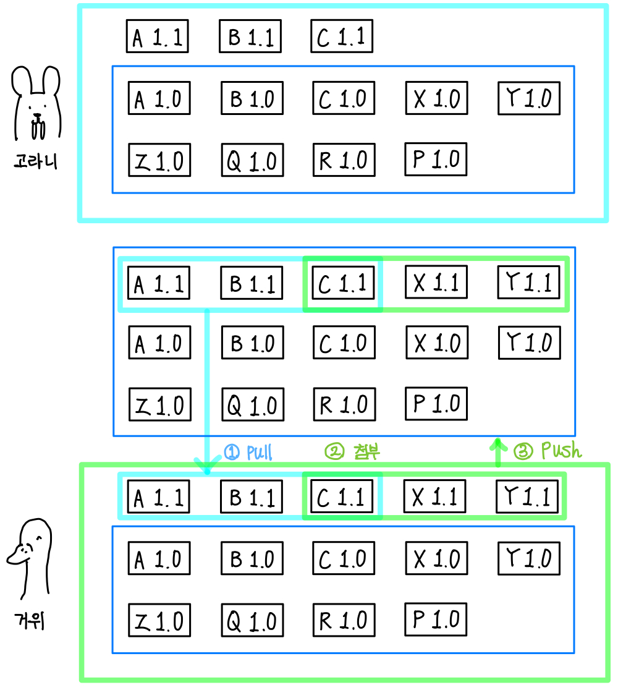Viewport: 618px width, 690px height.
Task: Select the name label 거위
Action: click(x=30, y=620)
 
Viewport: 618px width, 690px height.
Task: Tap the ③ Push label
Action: click(x=548, y=451)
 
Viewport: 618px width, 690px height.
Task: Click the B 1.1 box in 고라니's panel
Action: click(x=250, y=37)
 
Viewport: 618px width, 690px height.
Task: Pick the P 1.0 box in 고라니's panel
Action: click(x=436, y=159)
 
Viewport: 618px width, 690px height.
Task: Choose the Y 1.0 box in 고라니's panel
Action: click(x=529, y=98)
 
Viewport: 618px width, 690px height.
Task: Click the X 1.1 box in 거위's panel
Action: click(x=435, y=496)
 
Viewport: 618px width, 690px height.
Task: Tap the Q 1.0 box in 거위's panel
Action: click(x=253, y=620)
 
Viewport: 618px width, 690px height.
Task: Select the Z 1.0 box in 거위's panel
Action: click(x=159, y=620)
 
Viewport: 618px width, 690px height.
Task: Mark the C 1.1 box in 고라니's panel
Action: click(x=342, y=37)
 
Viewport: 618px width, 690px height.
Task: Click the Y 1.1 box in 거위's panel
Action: click(x=527, y=496)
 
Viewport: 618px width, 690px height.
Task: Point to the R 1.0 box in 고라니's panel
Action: click(x=344, y=160)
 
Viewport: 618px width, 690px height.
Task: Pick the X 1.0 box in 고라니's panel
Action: click(x=436, y=98)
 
